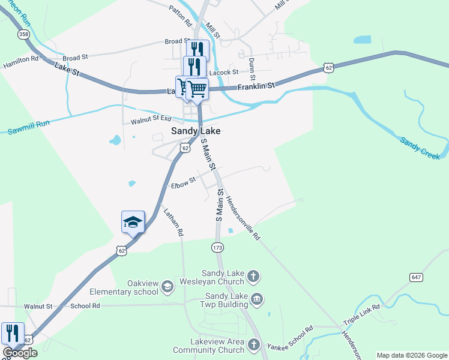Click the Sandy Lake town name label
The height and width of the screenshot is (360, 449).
click(x=196, y=131)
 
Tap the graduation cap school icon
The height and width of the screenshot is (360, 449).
click(x=133, y=223)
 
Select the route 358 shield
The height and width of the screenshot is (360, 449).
click(x=23, y=35)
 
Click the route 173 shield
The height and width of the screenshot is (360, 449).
click(x=218, y=247)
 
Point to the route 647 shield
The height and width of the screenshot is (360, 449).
click(x=417, y=277)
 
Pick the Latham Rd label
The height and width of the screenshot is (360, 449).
click(x=173, y=220)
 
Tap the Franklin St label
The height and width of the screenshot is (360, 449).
click(x=256, y=86)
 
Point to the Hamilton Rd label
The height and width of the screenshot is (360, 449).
click(x=21, y=62)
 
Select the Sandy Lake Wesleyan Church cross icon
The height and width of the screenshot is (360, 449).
click(x=254, y=277)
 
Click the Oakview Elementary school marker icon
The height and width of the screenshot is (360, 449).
click(x=167, y=288)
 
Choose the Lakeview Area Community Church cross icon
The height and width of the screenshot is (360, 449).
click(x=254, y=344)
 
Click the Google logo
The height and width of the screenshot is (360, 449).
click(x=20, y=353)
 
